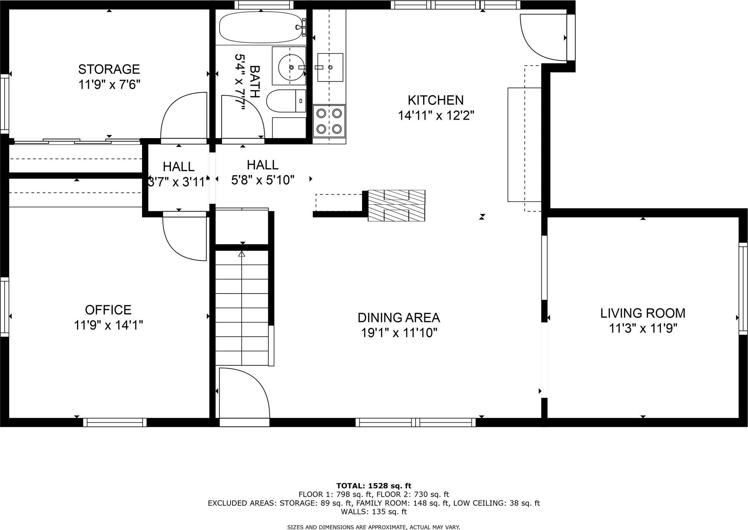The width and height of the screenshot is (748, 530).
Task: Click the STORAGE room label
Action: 109,69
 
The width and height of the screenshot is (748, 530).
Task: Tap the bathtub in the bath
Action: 261,27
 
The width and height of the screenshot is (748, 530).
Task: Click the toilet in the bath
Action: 286,101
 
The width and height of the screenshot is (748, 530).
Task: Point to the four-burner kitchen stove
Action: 329,121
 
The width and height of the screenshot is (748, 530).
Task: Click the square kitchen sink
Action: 330,67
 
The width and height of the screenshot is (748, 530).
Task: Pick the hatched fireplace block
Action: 396,205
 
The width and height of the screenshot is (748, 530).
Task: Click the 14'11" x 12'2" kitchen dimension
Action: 436,115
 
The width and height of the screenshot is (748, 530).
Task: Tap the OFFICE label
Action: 108,310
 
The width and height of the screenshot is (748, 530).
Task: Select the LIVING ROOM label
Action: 643,313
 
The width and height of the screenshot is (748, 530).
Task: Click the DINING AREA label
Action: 399,317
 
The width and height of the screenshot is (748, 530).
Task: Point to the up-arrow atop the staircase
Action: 242,254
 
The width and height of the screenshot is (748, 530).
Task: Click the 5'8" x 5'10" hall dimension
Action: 263,180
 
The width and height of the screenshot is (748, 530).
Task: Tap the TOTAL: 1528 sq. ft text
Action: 374,486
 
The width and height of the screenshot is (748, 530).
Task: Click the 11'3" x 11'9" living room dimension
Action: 643,328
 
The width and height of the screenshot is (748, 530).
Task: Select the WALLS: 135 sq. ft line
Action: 374,511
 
